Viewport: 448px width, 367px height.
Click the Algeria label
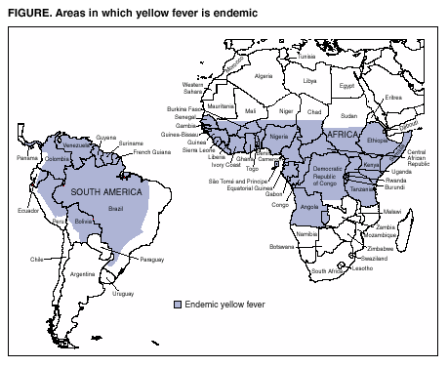(x=264, y=76)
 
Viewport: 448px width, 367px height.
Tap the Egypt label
(x=347, y=85)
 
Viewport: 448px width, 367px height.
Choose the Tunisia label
(x=307, y=57)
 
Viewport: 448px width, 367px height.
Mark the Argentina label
(x=82, y=274)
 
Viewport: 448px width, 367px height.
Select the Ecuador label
(x=26, y=210)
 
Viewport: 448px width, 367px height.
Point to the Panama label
(x=27, y=157)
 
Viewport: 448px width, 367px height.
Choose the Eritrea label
(x=393, y=97)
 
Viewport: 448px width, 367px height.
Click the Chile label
(x=38, y=260)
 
